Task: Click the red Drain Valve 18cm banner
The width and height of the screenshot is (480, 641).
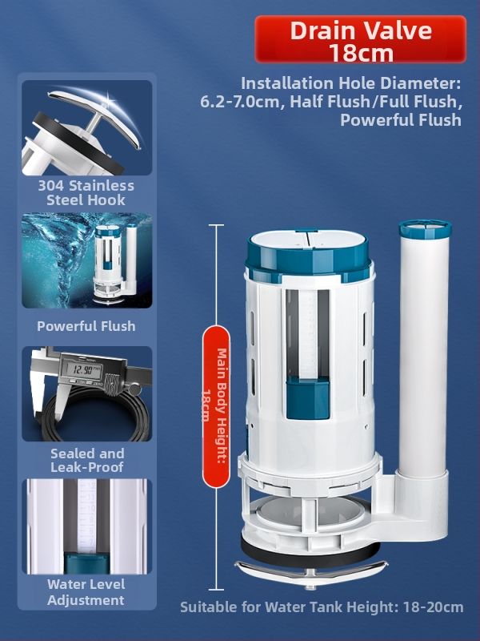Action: (361, 39)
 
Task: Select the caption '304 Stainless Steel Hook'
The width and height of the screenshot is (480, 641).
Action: (86, 192)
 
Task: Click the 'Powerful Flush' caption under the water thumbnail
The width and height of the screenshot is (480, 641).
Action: (86, 326)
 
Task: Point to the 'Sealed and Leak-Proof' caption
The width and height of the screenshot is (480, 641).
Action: (87, 460)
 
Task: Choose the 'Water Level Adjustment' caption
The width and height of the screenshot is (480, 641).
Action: (86, 592)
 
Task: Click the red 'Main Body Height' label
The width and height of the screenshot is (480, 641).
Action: (216, 406)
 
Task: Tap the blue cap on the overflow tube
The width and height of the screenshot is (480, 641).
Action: (425, 229)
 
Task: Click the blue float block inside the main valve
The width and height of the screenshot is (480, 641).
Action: (308, 398)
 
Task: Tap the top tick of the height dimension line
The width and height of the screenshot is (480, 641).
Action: (216, 225)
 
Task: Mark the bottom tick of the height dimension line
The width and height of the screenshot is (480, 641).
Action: (216, 590)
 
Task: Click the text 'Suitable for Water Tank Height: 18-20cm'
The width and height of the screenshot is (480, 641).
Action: (322, 607)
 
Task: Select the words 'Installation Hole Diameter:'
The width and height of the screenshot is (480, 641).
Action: (351, 83)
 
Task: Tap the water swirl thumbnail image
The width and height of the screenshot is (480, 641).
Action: (87, 260)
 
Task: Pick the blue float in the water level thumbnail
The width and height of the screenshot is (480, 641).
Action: (86, 562)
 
